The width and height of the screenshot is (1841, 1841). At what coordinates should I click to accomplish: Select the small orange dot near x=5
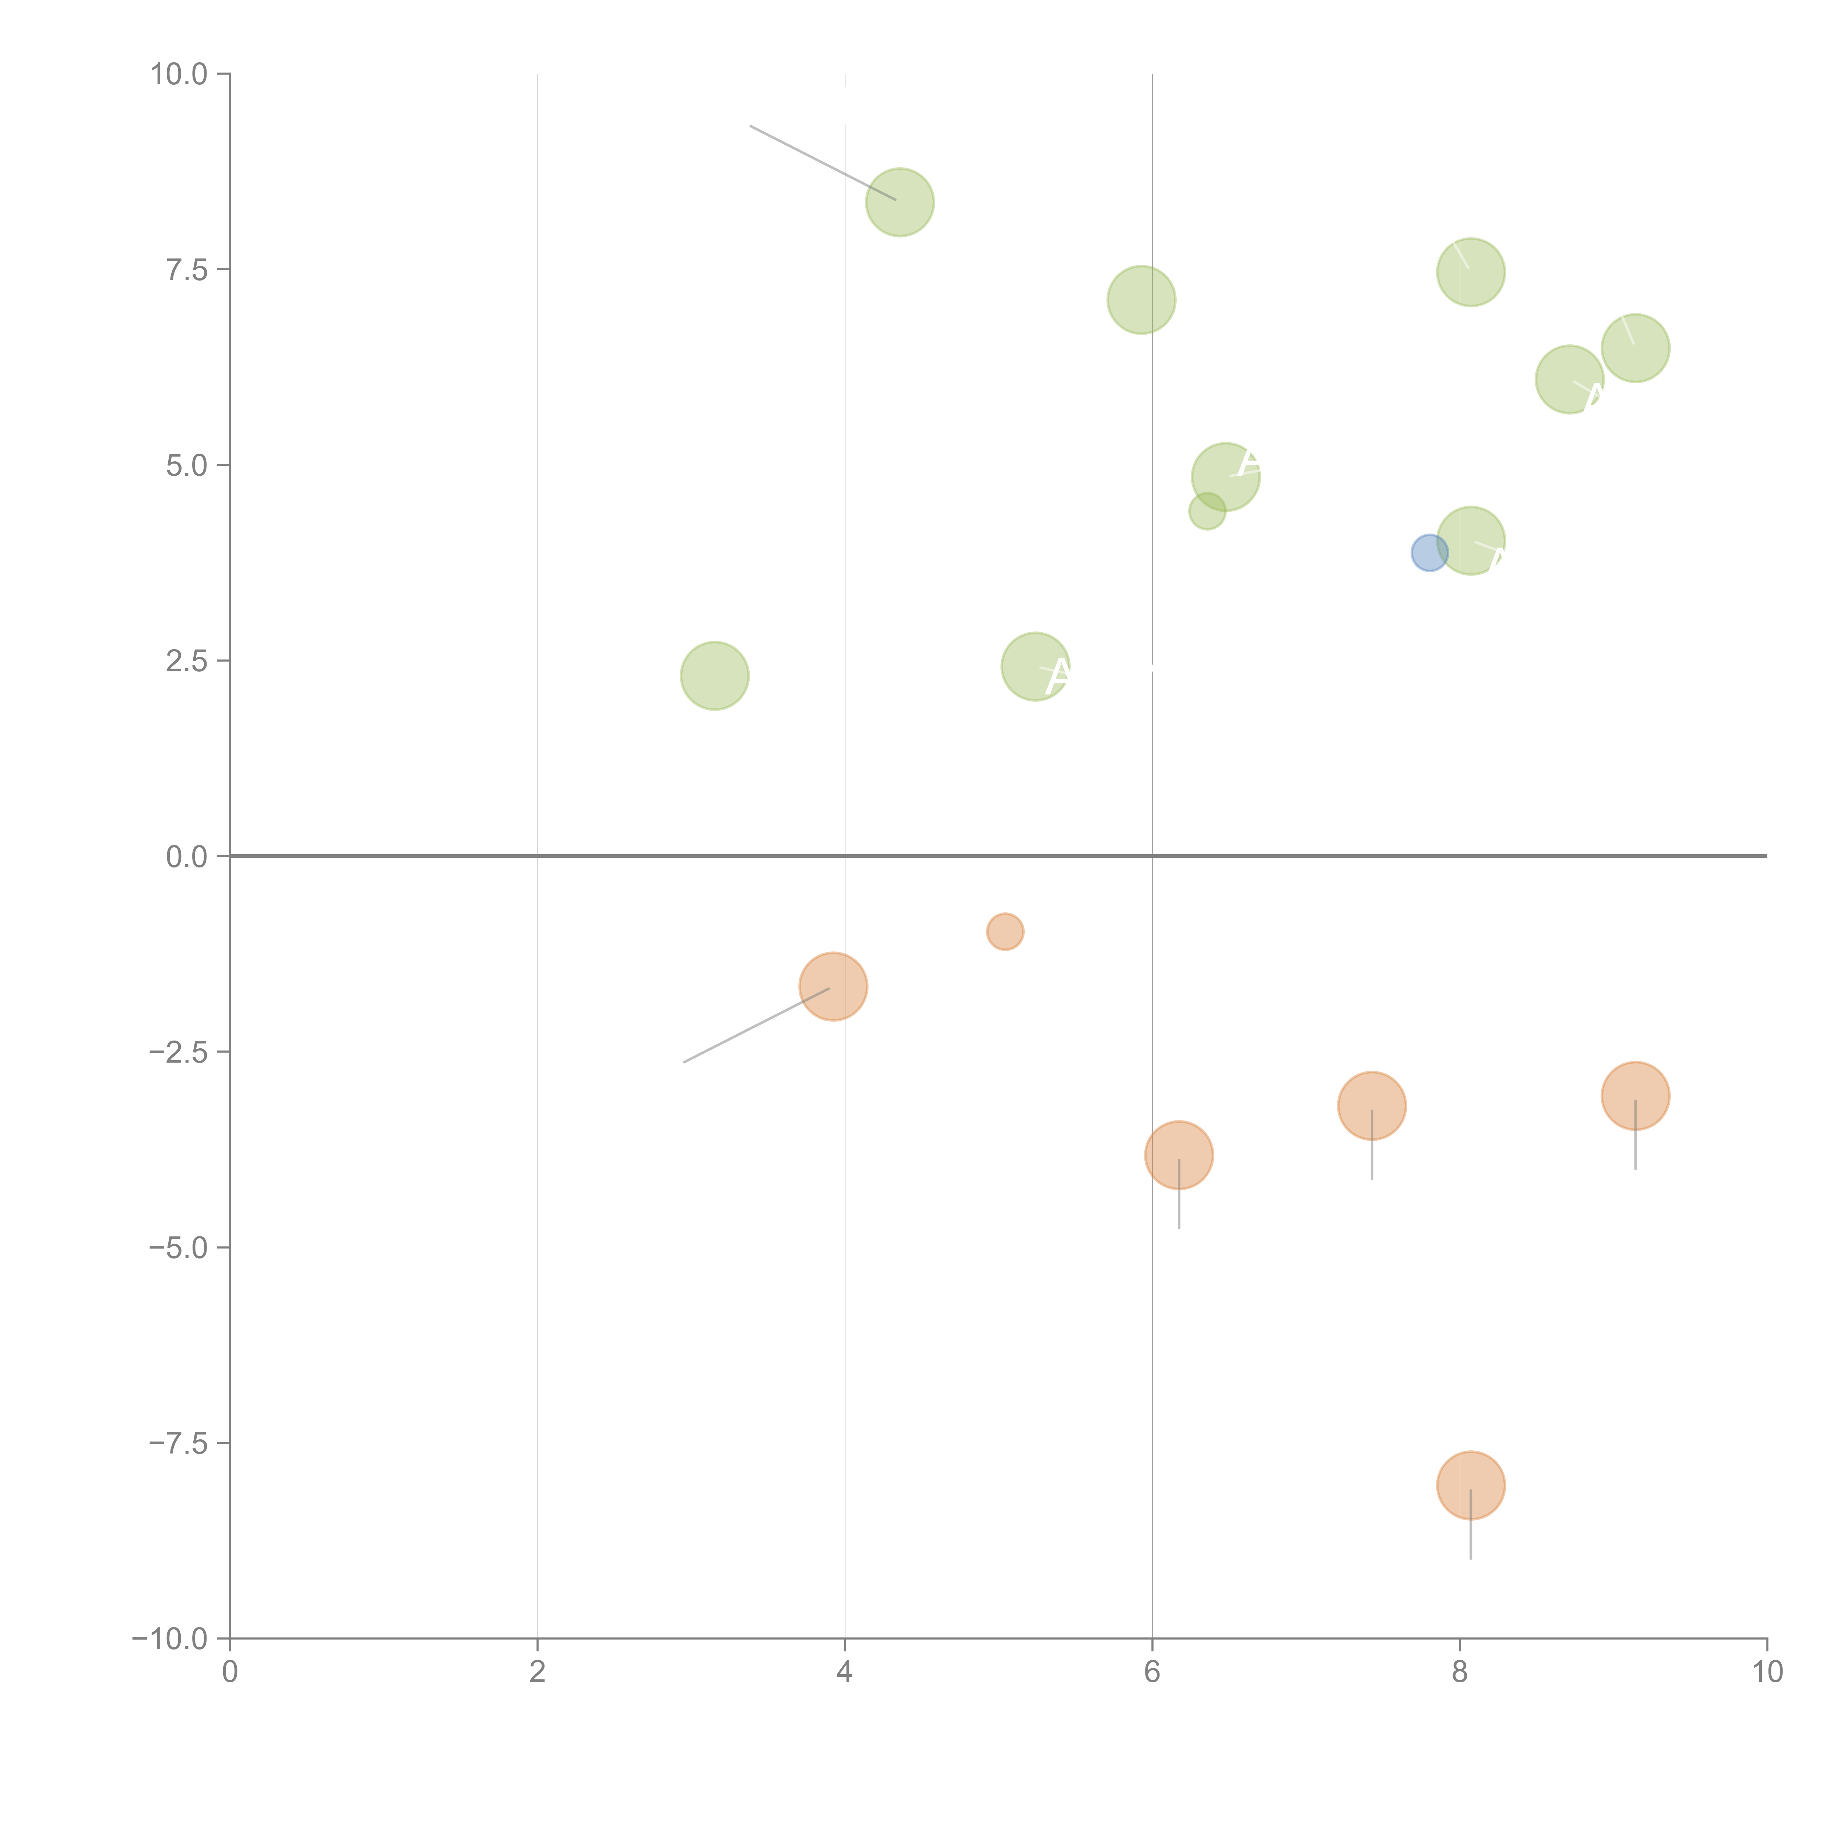1004,931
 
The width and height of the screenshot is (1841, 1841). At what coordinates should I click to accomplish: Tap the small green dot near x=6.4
1207,512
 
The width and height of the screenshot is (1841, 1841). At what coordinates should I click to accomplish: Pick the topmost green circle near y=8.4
900,202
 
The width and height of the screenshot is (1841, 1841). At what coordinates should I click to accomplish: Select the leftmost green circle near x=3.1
715,676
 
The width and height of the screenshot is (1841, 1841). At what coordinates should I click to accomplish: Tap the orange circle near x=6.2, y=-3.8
1179,1155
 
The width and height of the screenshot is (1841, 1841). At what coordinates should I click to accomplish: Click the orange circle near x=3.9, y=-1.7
833,986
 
